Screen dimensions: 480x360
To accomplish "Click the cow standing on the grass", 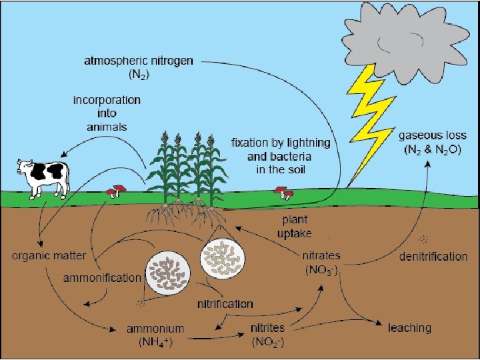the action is click(43, 177).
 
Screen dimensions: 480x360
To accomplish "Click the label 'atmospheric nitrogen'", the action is click(139, 61).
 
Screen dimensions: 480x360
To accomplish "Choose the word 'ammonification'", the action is click(102, 277).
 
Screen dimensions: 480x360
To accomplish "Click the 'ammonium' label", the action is click(155, 329).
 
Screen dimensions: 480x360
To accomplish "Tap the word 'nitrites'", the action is click(267, 329).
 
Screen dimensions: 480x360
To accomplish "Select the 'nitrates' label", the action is click(321, 256).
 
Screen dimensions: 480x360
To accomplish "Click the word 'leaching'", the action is click(410, 327).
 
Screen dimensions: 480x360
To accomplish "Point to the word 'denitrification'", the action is click(433, 256).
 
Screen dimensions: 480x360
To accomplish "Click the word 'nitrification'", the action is click(225, 303).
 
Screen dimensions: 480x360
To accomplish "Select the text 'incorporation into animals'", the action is click(107, 113).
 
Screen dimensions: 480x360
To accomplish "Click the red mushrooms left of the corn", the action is click(116, 191).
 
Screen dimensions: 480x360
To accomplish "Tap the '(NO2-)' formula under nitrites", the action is click(267, 343).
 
